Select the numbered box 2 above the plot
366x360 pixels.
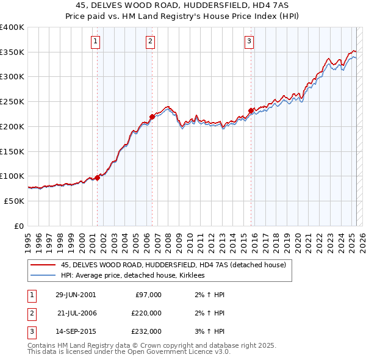[150, 41]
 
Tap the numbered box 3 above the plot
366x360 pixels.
[249, 41]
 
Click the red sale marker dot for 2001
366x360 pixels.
[98, 178]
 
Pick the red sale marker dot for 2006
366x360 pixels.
[152, 117]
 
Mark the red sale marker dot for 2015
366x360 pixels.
[251, 110]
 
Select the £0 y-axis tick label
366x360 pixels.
[19, 226]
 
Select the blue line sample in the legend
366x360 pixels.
[43, 275]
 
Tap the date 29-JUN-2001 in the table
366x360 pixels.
[76, 295]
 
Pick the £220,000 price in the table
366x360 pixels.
[146, 313]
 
